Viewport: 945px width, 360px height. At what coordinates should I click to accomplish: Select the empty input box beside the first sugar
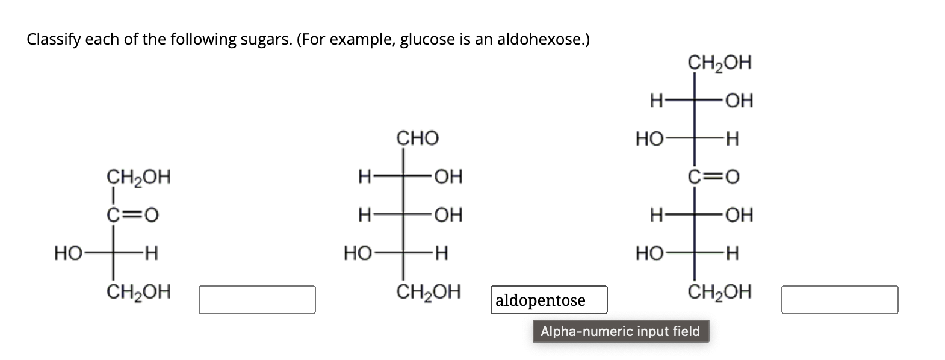click(x=257, y=300)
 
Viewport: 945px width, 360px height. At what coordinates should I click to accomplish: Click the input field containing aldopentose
click(x=549, y=300)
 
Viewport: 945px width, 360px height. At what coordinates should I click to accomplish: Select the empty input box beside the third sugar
click(x=840, y=300)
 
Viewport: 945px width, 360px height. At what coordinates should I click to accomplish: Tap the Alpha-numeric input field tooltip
click(x=621, y=331)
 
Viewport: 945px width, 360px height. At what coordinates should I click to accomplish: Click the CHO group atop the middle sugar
click(x=417, y=138)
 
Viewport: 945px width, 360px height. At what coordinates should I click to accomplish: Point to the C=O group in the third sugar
click(x=713, y=177)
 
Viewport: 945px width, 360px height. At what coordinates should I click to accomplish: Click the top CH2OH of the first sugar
click(x=138, y=178)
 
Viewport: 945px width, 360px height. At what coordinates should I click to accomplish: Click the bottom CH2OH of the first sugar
click(x=138, y=292)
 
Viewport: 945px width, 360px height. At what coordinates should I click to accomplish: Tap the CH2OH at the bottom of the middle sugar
click(x=429, y=292)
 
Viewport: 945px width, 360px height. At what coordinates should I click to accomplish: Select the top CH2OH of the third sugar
click(x=719, y=63)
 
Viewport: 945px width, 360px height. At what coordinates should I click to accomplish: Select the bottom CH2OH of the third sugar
click(x=719, y=292)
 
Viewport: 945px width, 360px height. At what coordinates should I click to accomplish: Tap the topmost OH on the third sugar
click(x=739, y=101)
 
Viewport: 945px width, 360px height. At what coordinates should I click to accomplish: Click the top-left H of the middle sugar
click(x=364, y=177)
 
